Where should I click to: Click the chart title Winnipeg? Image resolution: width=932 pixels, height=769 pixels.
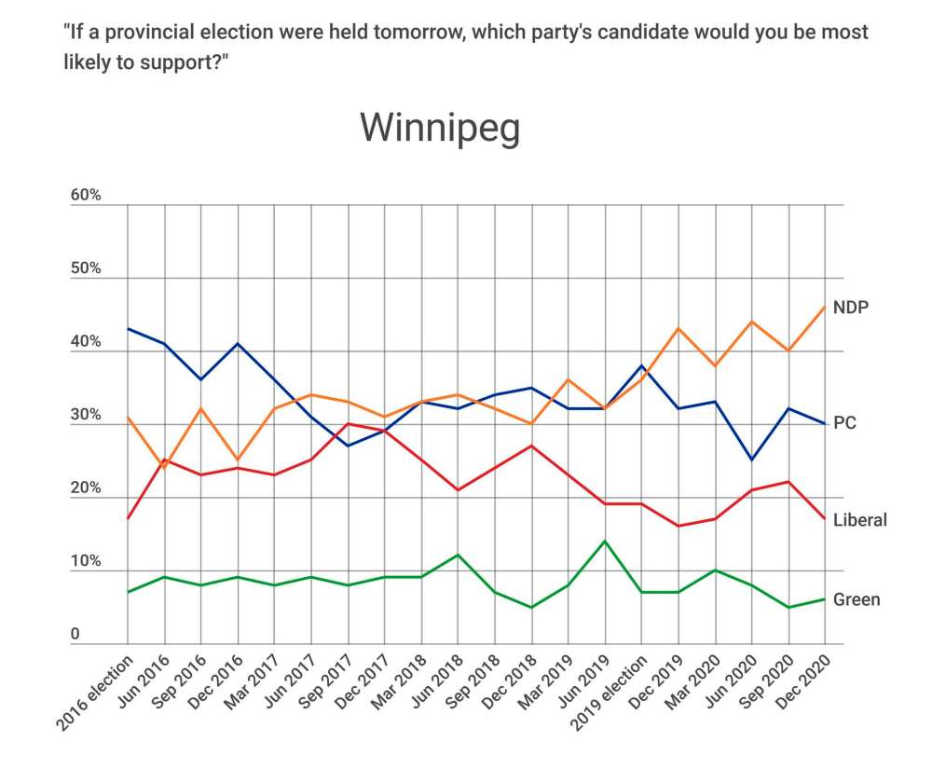[x=440, y=128]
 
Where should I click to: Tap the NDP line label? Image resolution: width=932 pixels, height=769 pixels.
[x=851, y=307]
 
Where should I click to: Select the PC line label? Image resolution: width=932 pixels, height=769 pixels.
[x=844, y=423]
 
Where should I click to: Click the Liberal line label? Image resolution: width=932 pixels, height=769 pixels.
[x=859, y=520]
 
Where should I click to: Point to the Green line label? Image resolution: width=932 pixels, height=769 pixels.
[x=857, y=599]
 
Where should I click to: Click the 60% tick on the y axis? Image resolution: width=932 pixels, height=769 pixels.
[x=86, y=197]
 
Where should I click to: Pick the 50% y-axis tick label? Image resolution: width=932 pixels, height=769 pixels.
[x=86, y=269]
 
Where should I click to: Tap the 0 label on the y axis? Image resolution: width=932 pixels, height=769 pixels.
[x=75, y=635]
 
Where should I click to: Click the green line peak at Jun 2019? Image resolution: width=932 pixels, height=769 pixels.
[x=605, y=541]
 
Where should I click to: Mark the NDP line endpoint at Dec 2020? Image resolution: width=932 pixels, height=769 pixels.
[x=825, y=308]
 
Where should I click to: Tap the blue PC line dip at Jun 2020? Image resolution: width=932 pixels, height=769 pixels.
[x=752, y=460]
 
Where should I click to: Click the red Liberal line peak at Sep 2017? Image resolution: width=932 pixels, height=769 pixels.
[x=349, y=424]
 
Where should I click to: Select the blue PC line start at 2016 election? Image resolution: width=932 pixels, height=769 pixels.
[x=128, y=328]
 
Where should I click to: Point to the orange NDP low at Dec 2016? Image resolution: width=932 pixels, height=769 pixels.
[x=238, y=460]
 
